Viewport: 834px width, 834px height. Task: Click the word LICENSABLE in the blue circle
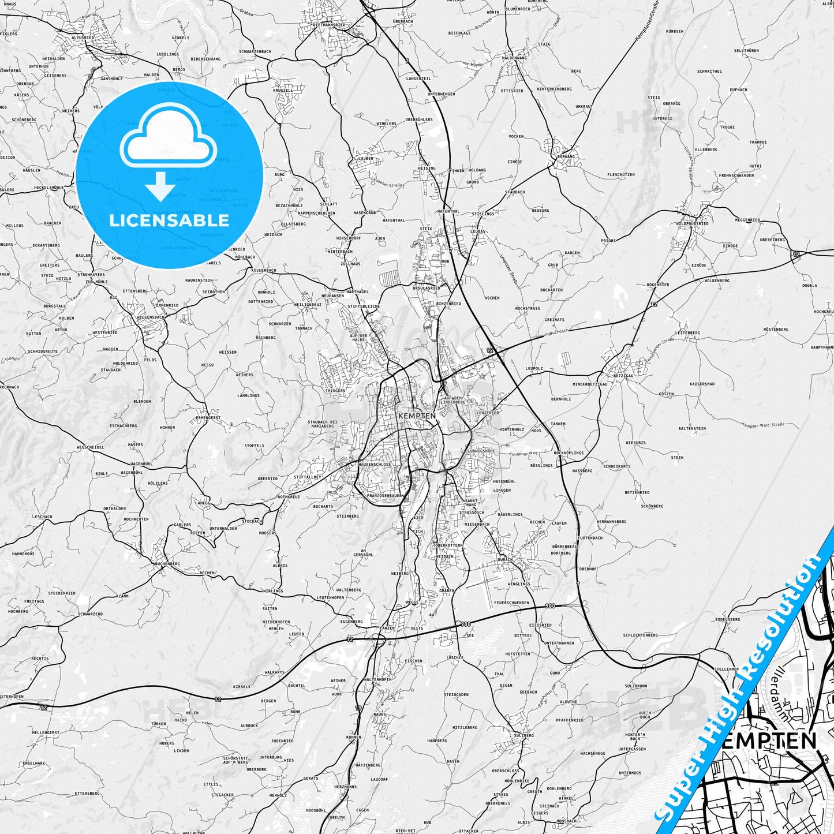point(169,220)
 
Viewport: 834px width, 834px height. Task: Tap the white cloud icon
point(169,139)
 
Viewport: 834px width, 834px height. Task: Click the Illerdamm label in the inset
point(780,699)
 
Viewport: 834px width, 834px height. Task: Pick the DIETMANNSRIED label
point(329,25)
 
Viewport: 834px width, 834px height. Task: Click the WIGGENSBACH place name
point(151,317)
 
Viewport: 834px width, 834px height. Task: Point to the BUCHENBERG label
point(167,563)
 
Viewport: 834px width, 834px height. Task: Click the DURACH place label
point(505,560)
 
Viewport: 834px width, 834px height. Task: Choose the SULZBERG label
point(523,735)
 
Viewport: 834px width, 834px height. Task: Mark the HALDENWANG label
point(514,58)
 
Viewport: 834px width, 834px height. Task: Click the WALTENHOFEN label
point(378,679)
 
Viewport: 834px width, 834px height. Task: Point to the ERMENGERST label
point(208,417)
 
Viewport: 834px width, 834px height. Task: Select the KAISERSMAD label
point(702,384)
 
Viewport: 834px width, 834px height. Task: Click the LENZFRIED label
point(488,413)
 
